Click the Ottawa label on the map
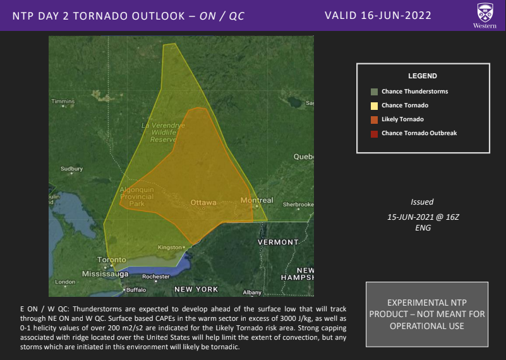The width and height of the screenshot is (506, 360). [x=203, y=203]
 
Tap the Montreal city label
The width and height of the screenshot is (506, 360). [x=256, y=200]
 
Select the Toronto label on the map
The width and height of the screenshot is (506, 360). [x=111, y=260]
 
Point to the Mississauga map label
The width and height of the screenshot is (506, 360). [x=105, y=274]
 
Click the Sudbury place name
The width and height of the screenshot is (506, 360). [x=71, y=169]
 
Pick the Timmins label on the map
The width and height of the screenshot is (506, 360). [x=63, y=102]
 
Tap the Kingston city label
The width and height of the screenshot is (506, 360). [x=169, y=247]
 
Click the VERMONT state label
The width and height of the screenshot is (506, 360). [x=278, y=242]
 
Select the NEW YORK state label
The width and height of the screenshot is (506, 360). [x=196, y=289]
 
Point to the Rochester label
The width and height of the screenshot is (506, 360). [x=156, y=277]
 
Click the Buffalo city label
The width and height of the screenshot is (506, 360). [x=135, y=290]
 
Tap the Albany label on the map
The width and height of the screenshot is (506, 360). [x=252, y=292]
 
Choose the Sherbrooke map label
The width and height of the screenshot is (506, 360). [x=298, y=205]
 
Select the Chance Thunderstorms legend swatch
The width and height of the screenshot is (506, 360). [x=375, y=92]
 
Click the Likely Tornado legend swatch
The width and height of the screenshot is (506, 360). [x=375, y=119]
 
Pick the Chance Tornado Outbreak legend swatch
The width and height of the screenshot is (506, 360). [x=375, y=133]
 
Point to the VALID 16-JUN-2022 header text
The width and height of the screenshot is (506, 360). [x=377, y=15]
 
